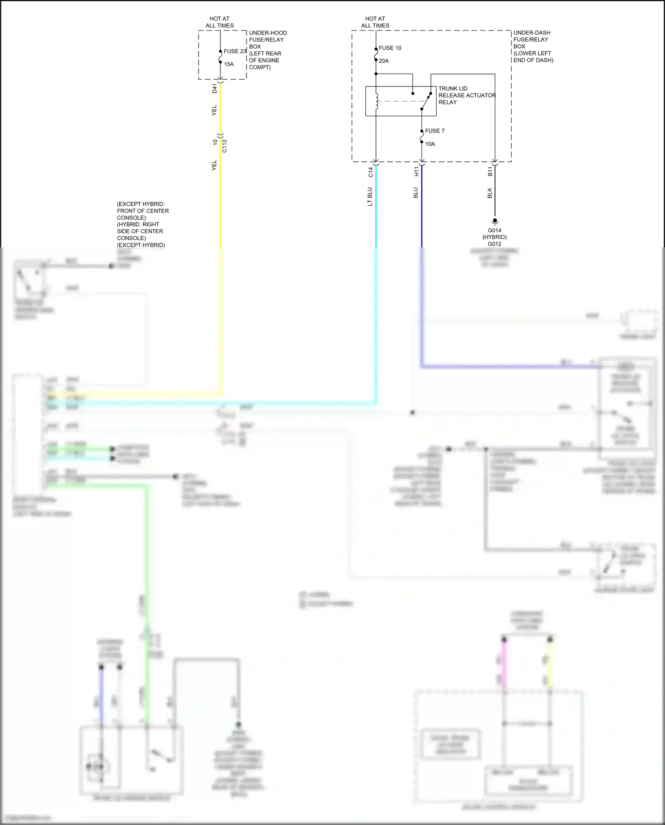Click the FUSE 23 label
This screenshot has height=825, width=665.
click(235, 51)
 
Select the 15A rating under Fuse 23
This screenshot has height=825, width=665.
click(229, 64)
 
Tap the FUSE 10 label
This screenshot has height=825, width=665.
click(390, 48)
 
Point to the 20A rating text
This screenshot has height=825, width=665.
click(383, 61)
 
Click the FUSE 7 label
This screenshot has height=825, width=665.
click(434, 131)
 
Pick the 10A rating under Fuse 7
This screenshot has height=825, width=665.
click(430, 144)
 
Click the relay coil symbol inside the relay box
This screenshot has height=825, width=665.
click(376, 101)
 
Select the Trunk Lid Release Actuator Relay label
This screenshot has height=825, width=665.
click(467, 95)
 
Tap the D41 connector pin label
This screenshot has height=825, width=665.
click(215, 88)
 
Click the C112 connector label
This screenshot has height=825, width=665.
click(224, 146)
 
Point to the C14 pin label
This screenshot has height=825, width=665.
click(371, 172)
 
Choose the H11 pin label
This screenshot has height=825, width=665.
click(416, 172)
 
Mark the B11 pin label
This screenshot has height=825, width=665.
click(490, 172)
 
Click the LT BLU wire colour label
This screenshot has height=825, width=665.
click(370, 197)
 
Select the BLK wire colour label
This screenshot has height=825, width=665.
click(490, 193)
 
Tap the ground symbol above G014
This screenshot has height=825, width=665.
click(495, 222)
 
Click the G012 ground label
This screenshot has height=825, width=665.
click(494, 244)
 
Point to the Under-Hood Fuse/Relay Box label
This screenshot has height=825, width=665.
click(267, 50)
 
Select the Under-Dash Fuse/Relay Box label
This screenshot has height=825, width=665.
click(533, 47)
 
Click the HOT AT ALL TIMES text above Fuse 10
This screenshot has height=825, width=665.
click(375, 22)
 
